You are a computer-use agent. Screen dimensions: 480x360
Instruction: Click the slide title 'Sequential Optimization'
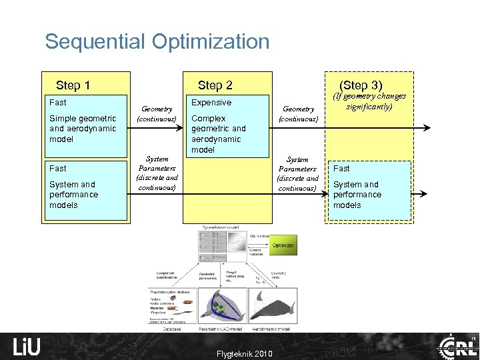click(157, 42)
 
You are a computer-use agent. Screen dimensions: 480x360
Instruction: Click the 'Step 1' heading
click(73, 85)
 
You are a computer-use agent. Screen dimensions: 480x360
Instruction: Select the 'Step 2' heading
click(215, 85)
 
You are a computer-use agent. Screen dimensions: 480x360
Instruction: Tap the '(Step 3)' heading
click(361, 85)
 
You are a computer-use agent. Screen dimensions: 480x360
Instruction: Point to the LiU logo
click(27, 346)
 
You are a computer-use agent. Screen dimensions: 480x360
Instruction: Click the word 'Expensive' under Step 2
click(211, 103)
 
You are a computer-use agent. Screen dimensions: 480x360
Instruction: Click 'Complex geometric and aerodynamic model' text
click(219, 134)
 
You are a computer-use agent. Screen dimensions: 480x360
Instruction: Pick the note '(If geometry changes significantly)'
click(369, 101)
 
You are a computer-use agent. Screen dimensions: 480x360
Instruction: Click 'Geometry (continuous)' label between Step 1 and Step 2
click(157, 114)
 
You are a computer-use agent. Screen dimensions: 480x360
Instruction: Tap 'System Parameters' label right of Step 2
click(297, 173)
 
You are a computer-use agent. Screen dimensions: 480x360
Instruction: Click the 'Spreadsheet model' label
click(221, 228)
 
